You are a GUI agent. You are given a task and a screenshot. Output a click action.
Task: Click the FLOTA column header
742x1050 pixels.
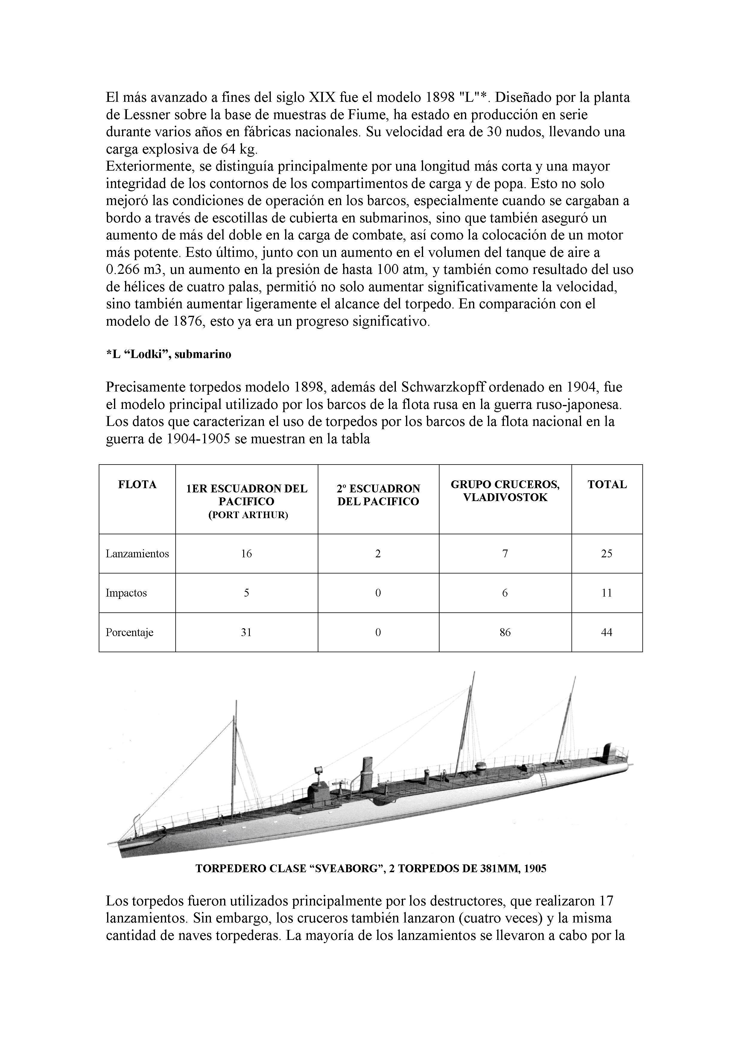pos(137,485)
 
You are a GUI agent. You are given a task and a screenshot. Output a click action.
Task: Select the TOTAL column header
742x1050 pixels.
pos(607,485)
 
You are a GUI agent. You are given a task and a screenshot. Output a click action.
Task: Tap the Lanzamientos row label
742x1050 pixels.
pos(137,554)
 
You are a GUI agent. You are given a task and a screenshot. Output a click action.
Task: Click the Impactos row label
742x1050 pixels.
pos(126,593)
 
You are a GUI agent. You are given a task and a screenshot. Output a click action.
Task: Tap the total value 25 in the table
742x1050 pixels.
pos(607,554)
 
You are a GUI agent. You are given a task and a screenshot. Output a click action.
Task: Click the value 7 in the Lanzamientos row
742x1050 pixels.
pos(505,554)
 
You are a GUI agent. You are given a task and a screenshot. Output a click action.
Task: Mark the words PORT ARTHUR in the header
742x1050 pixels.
pos(248,515)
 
